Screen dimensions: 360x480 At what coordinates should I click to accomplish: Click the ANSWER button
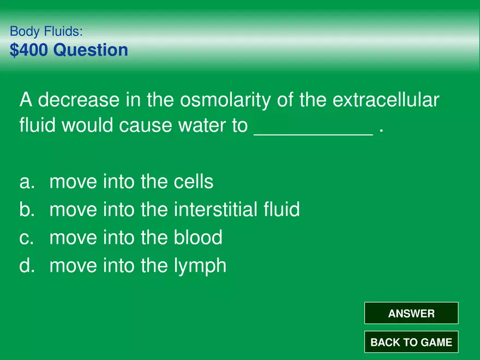411,314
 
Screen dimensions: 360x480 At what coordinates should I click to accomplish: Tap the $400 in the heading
29,50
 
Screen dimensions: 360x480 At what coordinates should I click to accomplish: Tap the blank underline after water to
314,131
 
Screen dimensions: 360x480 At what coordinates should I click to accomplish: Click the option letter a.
26,182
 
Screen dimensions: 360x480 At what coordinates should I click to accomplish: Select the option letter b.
26,209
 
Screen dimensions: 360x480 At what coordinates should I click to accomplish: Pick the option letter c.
26,238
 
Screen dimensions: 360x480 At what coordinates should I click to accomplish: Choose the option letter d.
26,266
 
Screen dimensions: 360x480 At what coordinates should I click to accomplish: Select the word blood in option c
198,238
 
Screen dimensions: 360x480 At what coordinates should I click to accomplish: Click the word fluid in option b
282,209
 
